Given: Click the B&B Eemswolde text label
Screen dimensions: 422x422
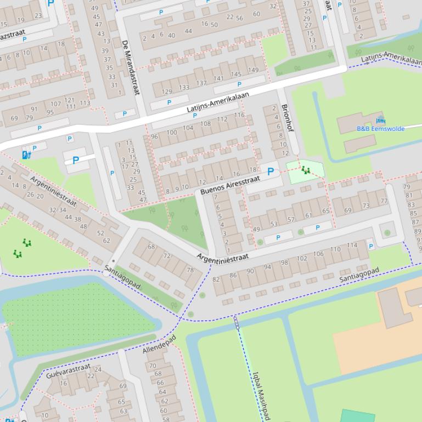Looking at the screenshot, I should pyautogui.click(x=380, y=129).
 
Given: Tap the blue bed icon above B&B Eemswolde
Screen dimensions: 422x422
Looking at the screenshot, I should pyautogui.click(x=380, y=120).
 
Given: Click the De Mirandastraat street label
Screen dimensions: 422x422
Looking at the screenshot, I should pyautogui.click(x=131, y=66).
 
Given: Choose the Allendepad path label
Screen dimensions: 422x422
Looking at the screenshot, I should pyautogui.click(x=160, y=344).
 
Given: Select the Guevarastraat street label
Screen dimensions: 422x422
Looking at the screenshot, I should pyautogui.click(x=68, y=371).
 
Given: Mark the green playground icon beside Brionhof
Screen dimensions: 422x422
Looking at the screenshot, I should pyautogui.click(x=306, y=170).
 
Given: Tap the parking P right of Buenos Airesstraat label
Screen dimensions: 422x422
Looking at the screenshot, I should pyautogui.click(x=270, y=172).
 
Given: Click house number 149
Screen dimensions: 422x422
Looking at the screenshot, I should pyautogui.click(x=252, y=70).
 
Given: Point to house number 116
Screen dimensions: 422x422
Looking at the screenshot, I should pyautogui.click(x=239, y=115).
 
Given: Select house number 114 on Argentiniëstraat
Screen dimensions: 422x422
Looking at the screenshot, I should pyautogui.click(x=352, y=246).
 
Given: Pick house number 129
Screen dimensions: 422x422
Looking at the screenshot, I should pyautogui.click(x=167, y=92).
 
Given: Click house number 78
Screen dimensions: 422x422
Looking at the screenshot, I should pyautogui.click(x=190, y=270).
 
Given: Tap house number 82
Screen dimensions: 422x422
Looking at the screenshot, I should pyautogui.click(x=216, y=280).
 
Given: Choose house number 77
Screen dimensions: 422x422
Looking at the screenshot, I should pyautogui.click(x=384, y=201).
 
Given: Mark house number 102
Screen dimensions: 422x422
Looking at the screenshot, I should pyautogui.click(x=302, y=258).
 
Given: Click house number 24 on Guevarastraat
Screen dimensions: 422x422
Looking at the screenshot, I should pyautogui.click(x=98, y=369).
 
